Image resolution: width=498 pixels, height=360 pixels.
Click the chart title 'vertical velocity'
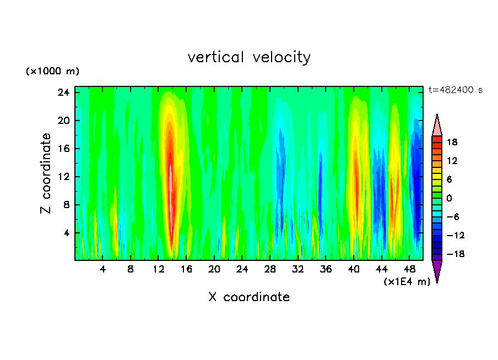249,57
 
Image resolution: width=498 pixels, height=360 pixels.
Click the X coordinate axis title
249,297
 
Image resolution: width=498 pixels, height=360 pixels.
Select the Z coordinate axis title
46,173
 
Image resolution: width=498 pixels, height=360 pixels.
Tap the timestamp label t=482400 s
455,90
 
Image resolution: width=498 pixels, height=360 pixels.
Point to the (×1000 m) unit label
52,72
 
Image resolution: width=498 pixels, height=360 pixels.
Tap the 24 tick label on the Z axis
64,92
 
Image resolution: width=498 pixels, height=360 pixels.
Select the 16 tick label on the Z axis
64,149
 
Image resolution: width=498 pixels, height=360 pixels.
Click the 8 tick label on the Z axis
66,205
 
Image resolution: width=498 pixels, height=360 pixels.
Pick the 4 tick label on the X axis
102,270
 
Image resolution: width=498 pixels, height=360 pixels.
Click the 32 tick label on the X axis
298,270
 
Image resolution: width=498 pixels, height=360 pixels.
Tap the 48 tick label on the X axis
410,270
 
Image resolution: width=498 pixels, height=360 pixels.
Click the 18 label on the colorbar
452,142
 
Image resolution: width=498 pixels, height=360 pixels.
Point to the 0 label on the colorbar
448,198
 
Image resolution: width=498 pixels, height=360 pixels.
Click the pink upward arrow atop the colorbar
437,125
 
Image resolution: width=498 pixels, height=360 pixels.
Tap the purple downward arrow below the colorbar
437,271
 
